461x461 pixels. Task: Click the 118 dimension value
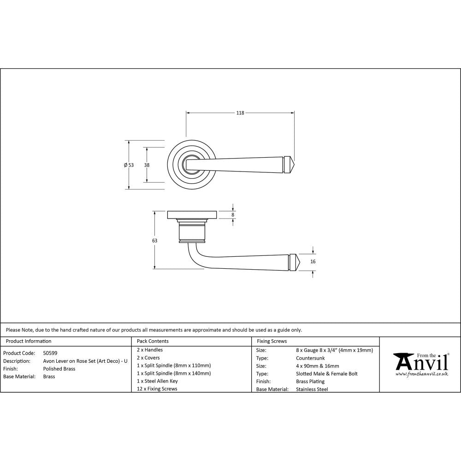240,113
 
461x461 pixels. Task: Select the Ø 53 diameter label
129,165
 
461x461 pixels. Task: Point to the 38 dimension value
147,165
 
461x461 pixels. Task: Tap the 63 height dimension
154,241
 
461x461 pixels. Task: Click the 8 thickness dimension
233,215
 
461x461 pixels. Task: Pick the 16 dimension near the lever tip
313,261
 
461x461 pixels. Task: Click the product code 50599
50,353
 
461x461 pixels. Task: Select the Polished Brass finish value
59,369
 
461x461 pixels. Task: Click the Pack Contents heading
153,341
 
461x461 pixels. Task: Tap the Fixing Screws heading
272,341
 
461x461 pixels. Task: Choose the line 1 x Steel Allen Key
157,381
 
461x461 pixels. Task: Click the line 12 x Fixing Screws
157,389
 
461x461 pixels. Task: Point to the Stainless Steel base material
312,390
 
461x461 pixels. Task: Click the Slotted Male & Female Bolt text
327,374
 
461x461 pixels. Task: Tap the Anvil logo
420,363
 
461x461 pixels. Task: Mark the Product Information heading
29,341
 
